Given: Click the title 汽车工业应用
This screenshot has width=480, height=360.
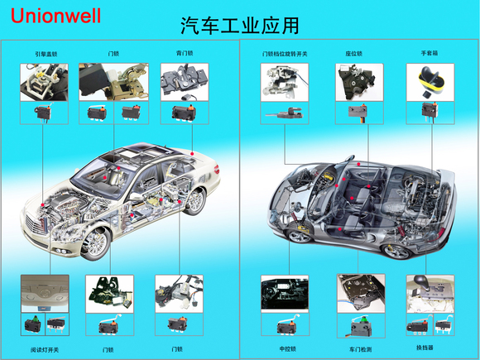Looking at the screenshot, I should [x=239, y=26].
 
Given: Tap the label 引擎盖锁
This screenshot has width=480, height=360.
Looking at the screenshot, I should [x=46, y=54].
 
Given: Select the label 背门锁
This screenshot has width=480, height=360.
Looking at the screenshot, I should [x=184, y=54].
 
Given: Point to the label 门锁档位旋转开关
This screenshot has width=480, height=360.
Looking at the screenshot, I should [x=285, y=54].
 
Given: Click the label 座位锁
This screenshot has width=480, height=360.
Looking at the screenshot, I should [x=354, y=54].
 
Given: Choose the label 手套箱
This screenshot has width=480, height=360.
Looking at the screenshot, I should [x=428, y=54].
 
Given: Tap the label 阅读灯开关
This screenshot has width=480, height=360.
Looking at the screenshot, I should [x=45, y=348].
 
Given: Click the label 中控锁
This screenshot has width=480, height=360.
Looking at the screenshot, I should [x=286, y=348].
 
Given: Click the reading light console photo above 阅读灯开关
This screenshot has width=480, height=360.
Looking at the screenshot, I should [x=45, y=293].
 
